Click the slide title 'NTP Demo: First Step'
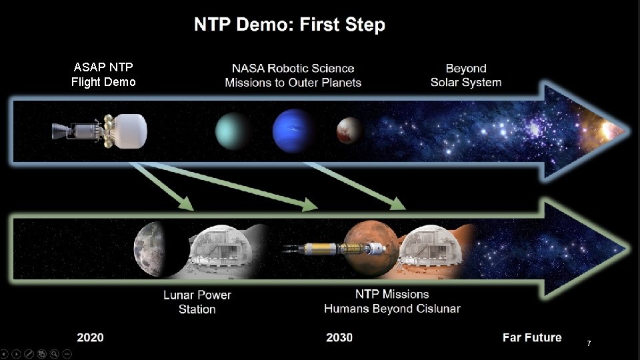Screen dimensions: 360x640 [x=289, y=26]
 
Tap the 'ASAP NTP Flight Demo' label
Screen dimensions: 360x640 [x=103, y=75]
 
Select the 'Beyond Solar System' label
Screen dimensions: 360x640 [x=466, y=75]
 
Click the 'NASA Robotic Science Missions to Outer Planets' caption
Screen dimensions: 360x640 [x=293, y=75]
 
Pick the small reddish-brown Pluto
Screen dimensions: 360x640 [x=349, y=131]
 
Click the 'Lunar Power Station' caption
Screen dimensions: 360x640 [x=197, y=302]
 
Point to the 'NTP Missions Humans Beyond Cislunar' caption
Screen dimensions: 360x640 [x=392, y=301]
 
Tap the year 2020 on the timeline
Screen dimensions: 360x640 [x=91, y=337]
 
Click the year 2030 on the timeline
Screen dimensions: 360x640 [x=339, y=337]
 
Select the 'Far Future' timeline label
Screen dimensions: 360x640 [x=532, y=337]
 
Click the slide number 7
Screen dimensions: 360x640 [x=589, y=343]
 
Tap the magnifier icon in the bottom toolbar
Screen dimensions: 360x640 [x=54, y=354]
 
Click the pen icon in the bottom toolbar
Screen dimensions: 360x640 [x=29, y=354]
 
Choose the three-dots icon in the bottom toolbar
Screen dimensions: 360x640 [x=67, y=354]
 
